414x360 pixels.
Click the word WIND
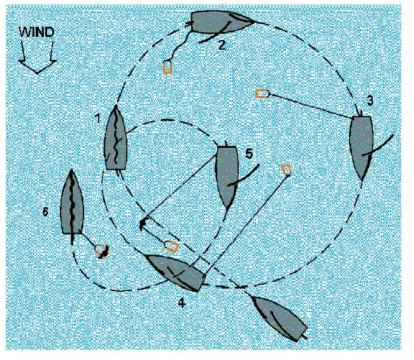coord(37,32)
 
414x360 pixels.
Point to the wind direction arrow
coord(37,58)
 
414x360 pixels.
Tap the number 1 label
coord(98,118)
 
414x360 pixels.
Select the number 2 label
coord(222,45)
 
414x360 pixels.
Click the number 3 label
coord(370,101)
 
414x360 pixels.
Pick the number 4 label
coord(182,303)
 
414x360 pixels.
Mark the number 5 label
coord(249,154)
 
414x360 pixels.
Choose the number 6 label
coord(45,212)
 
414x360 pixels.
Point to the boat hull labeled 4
coord(177,273)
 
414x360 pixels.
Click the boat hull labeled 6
coord(72,203)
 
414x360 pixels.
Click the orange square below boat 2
coord(168,67)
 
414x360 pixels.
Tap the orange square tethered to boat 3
coord(262,94)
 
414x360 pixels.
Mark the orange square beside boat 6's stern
coord(101,250)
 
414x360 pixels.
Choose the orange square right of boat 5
coord(286,169)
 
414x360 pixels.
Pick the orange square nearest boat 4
coord(173,247)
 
